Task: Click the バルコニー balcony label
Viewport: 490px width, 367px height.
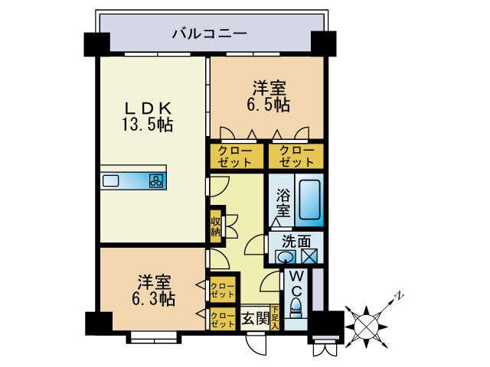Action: [x=208, y=33]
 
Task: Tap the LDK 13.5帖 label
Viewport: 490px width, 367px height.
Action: [x=148, y=115]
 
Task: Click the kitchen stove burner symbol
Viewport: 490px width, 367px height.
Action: [x=156, y=181]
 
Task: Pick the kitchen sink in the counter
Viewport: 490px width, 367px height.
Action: [x=111, y=181]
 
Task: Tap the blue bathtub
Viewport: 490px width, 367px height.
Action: [x=309, y=198]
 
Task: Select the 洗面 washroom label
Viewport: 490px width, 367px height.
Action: [x=296, y=239]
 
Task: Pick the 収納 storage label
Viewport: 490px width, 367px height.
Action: [x=217, y=226]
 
